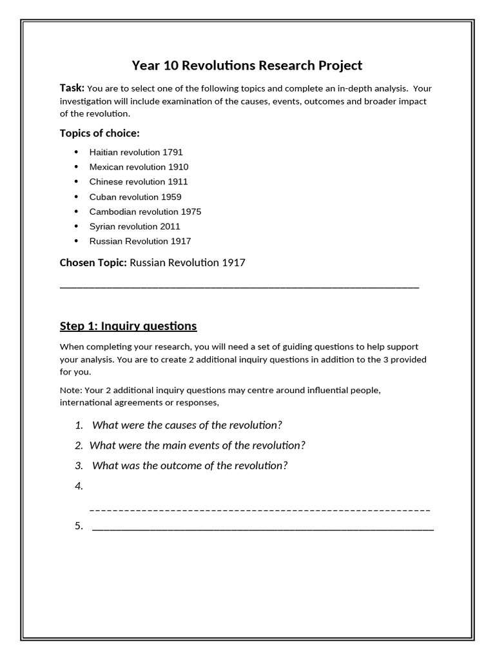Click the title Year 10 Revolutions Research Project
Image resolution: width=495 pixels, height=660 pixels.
[247, 65]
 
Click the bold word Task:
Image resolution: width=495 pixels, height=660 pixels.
[72, 88]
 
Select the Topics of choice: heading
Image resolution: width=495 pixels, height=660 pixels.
[99, 133]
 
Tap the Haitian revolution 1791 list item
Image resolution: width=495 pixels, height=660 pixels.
[136, 152]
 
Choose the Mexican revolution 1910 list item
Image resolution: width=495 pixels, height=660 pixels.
[139, 167]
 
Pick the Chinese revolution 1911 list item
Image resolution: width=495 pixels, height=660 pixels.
[139, 182]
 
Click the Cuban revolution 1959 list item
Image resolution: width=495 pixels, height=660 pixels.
[135, 197]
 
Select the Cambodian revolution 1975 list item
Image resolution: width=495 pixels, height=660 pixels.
[145, 211]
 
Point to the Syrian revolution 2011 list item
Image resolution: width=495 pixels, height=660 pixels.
[135, 226]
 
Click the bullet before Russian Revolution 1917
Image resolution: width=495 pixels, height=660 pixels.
[76, 241]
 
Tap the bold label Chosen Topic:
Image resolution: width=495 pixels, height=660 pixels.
[93, 262]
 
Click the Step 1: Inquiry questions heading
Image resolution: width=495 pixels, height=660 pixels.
[128, 325]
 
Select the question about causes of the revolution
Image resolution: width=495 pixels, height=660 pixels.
[187, 425]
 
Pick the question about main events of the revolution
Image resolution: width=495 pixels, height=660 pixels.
[197, 445]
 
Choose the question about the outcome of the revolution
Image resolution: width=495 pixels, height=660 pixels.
[189, 465]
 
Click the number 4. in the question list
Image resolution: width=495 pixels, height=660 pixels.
[79, 486]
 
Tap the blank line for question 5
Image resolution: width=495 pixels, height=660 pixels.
[263, 529]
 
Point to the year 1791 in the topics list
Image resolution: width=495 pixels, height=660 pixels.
[173, 152]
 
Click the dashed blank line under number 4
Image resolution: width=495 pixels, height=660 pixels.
[260, 510]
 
